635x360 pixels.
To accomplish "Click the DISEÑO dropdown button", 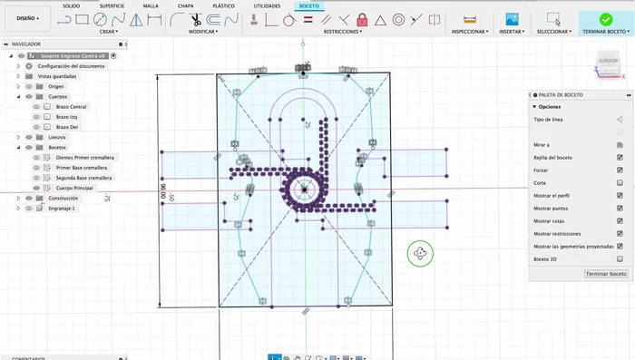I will (28, 16).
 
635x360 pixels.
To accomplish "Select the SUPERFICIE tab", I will (112, 5).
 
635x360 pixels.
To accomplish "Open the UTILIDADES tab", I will (267, 5).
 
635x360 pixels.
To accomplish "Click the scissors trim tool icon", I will (194, 19).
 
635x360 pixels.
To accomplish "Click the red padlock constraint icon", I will (362, 19).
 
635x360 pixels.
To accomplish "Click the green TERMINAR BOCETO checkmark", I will (606, 19).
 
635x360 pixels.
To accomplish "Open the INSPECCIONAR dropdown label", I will (469, 31).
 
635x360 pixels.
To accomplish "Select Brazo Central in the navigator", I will (71, 107).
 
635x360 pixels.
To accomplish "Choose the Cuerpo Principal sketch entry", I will (75, 188).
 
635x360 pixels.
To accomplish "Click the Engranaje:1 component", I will (62, 208).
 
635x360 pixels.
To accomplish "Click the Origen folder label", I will (56, 86).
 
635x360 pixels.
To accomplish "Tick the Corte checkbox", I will (620, 182).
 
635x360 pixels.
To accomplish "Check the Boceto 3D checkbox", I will (620, 259).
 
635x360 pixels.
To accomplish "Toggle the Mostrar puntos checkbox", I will (620, 208).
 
